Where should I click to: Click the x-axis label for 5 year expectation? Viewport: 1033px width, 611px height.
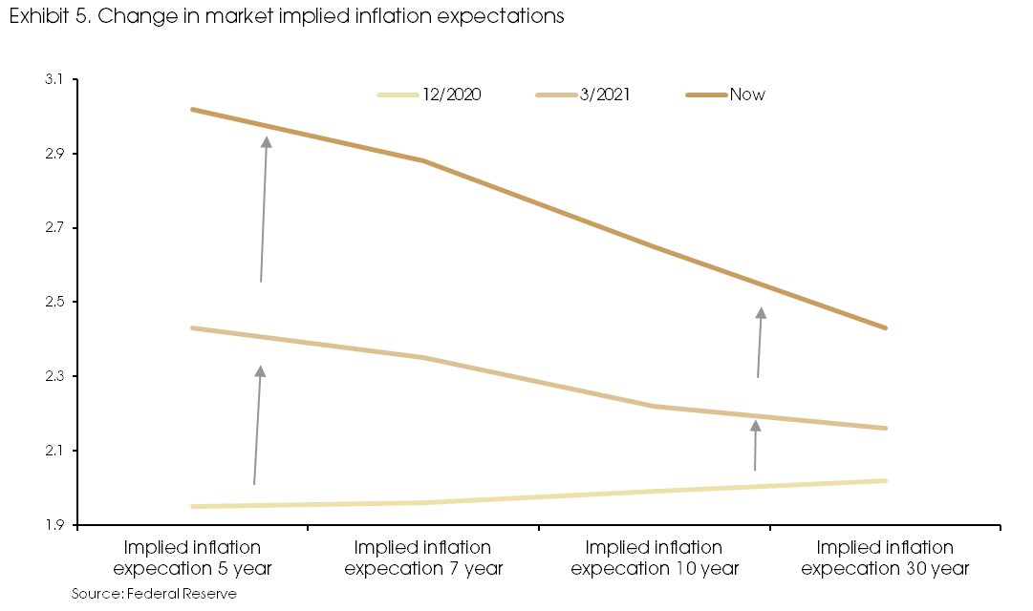(192, 558)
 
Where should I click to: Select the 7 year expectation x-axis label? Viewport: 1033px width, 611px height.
(423, 558)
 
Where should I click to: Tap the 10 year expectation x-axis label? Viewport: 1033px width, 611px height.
(655, 558)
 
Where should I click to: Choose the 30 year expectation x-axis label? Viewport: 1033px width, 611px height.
(886, 558)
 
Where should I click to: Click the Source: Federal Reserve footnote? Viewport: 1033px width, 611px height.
(154, 594)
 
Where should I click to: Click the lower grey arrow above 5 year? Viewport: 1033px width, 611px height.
(257, 425)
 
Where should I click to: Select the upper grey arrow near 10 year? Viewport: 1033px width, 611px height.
(760, 342)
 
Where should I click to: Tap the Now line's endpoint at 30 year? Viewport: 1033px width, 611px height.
(886, 327)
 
